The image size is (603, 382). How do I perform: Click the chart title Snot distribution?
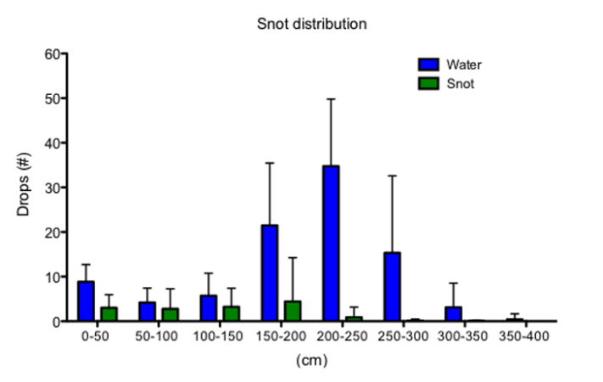(312, 24)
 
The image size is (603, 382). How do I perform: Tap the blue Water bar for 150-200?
(270, 272)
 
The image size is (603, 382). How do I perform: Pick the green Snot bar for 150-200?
(293, 311)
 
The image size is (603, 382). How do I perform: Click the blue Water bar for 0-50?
(86, 301)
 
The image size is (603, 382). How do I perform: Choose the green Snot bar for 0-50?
(109, 314)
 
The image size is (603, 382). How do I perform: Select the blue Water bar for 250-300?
(393, 286)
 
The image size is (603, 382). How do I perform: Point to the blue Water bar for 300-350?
(453, 314)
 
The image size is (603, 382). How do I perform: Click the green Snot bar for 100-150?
(232, 313)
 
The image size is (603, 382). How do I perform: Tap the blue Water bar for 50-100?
(148, 312)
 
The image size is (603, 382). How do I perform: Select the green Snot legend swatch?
(428, 83)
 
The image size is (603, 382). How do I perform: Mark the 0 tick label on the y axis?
(55, 321)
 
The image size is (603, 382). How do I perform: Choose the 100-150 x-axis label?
(220, 337)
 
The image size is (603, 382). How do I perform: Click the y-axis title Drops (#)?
(25, 187)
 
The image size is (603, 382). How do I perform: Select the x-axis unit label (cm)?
(311, 360)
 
